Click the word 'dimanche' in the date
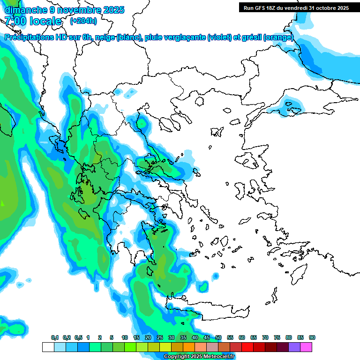(x=23, y=9)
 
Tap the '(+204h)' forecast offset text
(x=83, y=21)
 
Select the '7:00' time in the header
(x=15, y=21)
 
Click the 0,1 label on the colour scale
(x=54, y=337)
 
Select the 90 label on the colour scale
(x=312, y=337)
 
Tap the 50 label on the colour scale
(x=218, y=337)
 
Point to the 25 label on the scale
(x=160, y=337)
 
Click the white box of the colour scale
(x=48, y=347)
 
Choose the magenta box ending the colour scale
(x=306, y=347)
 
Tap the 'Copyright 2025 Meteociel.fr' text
(x=199, y=357)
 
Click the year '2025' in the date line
(x=112, y=9)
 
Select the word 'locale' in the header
(x=45, y=21)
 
